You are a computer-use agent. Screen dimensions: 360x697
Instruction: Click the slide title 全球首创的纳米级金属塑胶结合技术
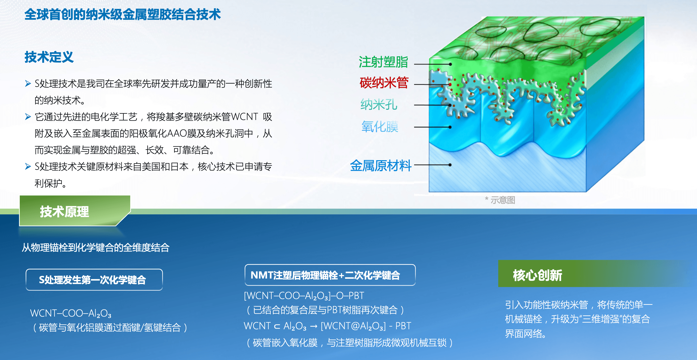122,14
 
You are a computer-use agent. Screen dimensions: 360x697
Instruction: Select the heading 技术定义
49,57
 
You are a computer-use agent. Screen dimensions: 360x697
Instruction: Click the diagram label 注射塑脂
383,62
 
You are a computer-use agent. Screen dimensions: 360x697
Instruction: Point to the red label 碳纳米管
384,83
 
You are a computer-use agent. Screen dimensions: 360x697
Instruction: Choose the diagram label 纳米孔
378,104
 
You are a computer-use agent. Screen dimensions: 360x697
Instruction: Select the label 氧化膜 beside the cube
380,127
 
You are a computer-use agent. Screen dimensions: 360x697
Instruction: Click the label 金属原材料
380,166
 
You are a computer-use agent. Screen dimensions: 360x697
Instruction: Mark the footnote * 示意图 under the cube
500,200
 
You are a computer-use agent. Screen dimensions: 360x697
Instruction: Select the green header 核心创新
537,275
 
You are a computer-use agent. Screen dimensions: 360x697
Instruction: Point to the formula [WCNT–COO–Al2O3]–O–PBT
304,296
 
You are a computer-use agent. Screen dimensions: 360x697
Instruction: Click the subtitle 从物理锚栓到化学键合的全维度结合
96,247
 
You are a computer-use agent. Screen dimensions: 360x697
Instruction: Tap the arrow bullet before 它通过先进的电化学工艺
28,117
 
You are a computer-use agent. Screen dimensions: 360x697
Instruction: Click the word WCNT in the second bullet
244,117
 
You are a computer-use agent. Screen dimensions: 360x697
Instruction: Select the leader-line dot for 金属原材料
450,165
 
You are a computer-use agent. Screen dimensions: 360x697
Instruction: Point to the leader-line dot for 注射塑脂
450,64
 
